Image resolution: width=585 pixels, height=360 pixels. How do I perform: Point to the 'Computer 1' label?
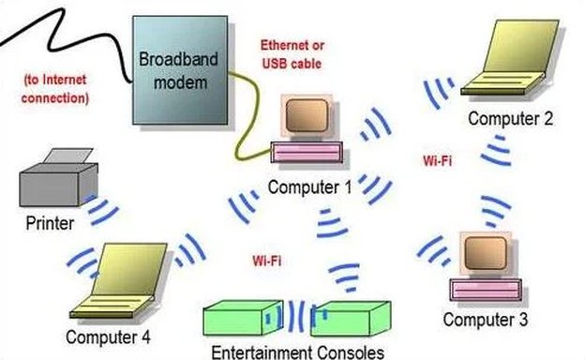pyautogui.click(x=308, y=186)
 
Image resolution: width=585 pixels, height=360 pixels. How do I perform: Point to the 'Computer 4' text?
pyautogui.click(x=108, y=336)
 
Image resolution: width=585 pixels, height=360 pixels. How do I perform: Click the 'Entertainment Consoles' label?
pyautogui.click(x=298, y=352)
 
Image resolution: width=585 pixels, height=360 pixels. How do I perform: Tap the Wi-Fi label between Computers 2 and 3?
pyautogui.click(x=439, y=161)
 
